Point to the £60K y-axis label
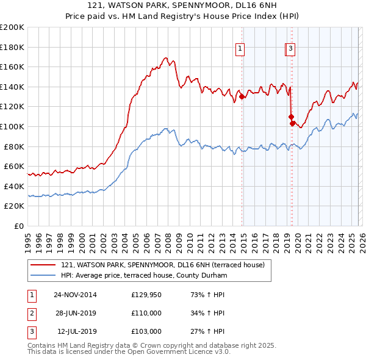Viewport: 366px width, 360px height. point(14,167)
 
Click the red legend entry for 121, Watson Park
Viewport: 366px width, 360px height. point(162,265)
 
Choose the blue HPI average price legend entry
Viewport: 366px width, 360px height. point(143,276)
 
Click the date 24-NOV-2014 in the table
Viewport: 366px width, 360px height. point(75,295)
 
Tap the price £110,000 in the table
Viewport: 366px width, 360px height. point(146,313)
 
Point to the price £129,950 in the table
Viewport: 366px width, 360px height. point(146,295)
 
